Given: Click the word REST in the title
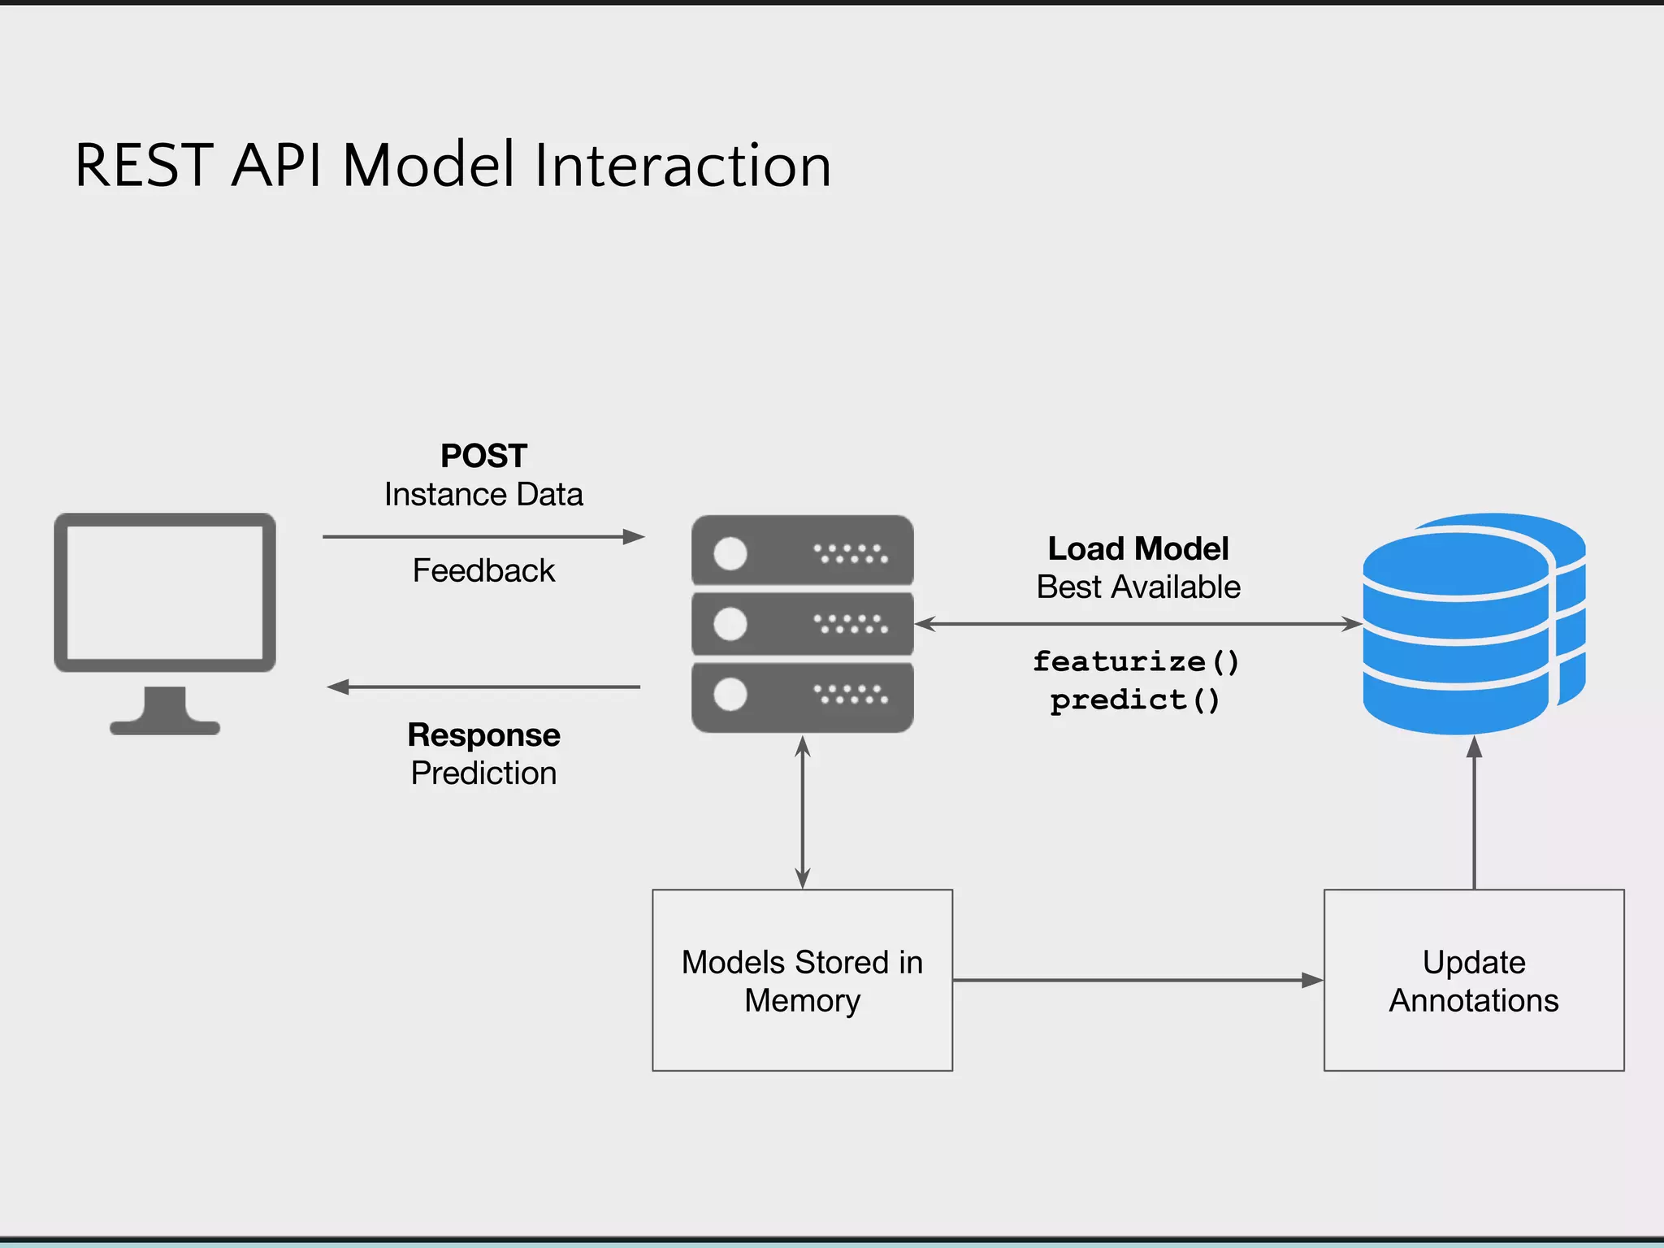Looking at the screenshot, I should (144, 166).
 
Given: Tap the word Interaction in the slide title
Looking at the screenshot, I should (682, 166).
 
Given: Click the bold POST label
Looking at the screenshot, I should (483, 456).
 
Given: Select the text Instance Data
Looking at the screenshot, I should (483, 495).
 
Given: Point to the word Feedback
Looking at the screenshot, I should (483, 570).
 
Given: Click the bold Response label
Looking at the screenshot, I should (483, 734).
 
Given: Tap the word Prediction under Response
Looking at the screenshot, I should (483, 773).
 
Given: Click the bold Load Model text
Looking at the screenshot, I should (1137, 548).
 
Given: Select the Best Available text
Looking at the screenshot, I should (1137, 587).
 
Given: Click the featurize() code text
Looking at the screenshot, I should (1136, 661).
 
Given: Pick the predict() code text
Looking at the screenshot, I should (1135, 700).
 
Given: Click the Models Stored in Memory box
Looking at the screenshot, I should (802, 980).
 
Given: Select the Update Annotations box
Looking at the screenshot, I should (1473, 980).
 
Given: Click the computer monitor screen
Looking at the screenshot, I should (165, 592).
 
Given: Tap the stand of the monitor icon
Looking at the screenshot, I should (165, 711).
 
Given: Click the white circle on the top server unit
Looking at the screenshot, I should (730, 554).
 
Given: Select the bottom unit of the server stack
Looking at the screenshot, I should (802, 696).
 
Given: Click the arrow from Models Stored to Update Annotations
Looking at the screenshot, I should (1137, 980).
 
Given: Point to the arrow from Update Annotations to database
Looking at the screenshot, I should (1474, 812).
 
